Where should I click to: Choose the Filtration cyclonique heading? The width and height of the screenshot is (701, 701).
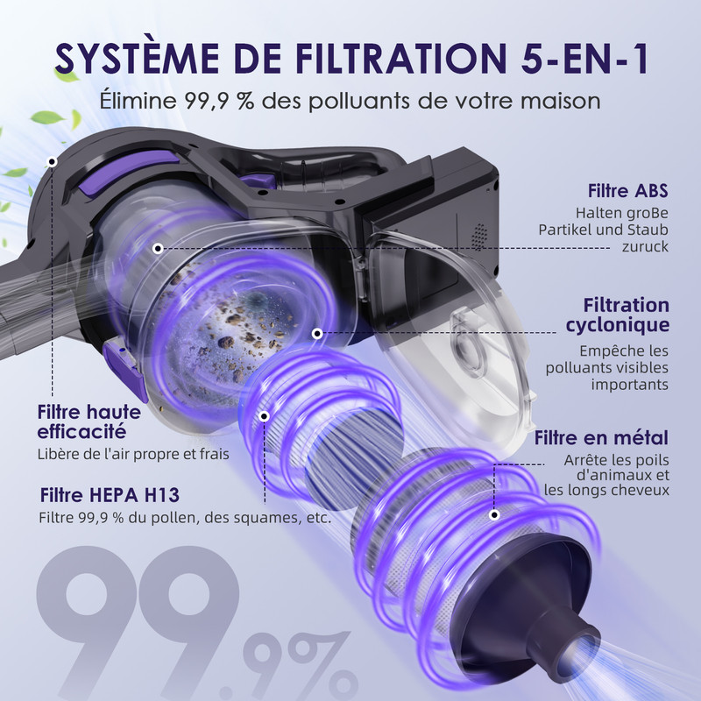[626, 315]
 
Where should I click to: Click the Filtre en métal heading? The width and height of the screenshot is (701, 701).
[601, 437]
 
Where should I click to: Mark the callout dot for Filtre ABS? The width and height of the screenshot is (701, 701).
[158, 248]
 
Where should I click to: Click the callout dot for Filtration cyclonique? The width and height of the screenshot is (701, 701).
[316, 334]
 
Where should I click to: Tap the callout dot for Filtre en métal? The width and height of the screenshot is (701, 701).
[496, 517]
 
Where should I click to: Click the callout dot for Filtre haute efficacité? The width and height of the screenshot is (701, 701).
[53, 162]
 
